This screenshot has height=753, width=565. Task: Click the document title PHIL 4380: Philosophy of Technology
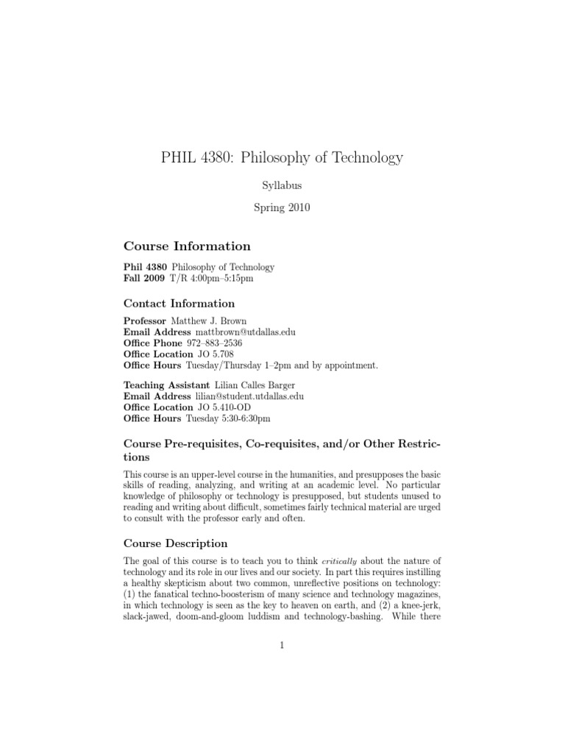(282, 157)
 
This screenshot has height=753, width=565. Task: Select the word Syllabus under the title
(282, 186)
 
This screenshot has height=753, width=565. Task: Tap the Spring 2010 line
(282, 207)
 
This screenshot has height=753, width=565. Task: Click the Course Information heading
(187, 246)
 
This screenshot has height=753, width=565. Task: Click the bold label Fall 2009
(145, 279)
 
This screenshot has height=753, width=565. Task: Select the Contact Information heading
(180, 303)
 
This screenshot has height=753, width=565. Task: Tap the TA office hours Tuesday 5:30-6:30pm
(228, 418)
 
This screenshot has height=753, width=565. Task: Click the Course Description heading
(176, 543)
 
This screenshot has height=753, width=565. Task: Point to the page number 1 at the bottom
(282, 646)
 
